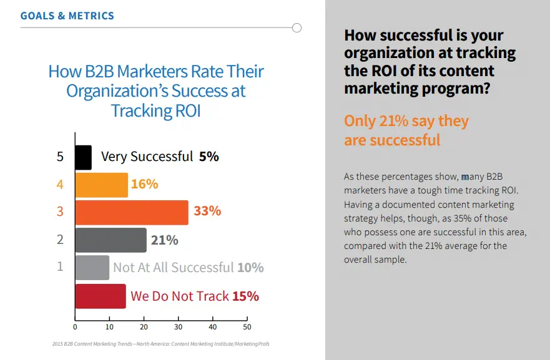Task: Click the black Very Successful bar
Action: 84,157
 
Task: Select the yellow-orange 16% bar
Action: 102,185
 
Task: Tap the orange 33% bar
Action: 132,212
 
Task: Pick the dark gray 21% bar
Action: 111,240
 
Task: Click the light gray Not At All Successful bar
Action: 92,268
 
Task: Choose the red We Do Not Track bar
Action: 101,296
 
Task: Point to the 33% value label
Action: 207,211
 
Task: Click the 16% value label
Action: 144,184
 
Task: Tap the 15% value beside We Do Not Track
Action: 245,296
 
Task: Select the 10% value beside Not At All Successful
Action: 250,268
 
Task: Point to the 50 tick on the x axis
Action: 247,327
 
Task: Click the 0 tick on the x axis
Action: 75,327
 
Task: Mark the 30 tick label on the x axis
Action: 178,327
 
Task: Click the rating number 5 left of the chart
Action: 61,157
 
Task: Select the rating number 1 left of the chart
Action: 61,266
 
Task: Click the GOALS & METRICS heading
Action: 67,16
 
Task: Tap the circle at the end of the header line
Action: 297,27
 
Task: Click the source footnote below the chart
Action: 160,344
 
